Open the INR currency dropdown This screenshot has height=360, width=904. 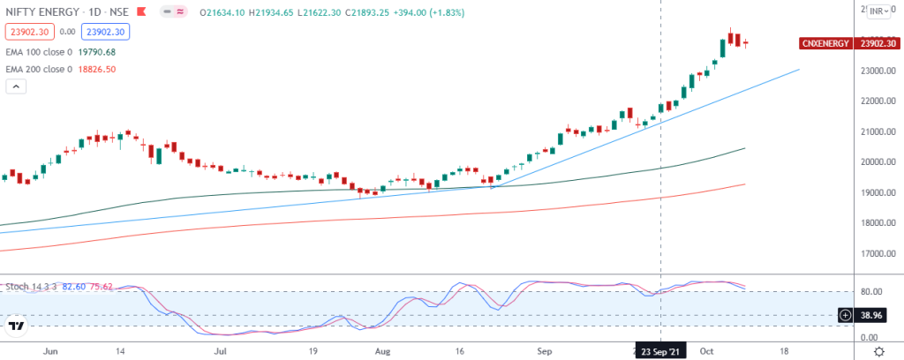pos(878,11)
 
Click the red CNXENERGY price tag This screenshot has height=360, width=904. pos(825,43)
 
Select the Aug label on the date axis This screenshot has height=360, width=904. pos(383,350)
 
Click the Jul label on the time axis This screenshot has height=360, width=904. pos(221,350)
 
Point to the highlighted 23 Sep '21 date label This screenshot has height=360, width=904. pos(660,350)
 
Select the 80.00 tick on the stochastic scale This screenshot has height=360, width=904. pos(873,292)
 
